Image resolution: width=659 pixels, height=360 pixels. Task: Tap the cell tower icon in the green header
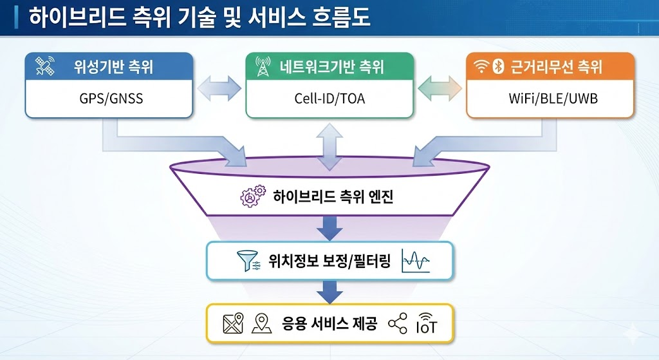263,66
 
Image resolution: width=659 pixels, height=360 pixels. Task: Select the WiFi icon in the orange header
480,66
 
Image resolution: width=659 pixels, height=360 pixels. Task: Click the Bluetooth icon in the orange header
497,66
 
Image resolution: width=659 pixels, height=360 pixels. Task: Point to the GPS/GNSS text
109,100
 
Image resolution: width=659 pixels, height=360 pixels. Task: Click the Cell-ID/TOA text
329,100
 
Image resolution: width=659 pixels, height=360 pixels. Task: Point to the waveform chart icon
415,261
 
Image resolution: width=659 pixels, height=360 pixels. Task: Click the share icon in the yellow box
398,323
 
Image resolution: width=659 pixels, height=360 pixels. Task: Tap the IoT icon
426,323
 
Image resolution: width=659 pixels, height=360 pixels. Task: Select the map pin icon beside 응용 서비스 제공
261,324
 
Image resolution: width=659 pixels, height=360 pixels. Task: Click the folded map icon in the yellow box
233,324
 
